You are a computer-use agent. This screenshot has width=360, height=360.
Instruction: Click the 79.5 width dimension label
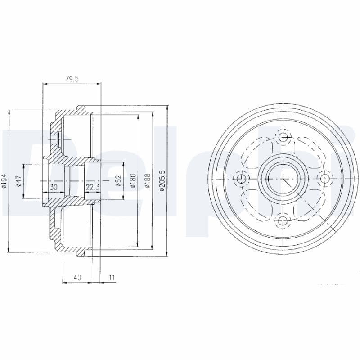72,79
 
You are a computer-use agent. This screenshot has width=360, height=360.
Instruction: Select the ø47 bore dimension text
18,181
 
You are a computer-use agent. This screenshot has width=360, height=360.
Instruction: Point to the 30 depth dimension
54,186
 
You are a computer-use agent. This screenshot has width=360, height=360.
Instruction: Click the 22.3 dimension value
92,186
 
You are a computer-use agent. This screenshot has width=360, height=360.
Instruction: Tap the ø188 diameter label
148,181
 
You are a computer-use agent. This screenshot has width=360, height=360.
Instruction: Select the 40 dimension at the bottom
77,278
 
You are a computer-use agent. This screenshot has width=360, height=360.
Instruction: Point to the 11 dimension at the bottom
112,278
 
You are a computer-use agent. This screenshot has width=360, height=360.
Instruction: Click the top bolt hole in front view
283,137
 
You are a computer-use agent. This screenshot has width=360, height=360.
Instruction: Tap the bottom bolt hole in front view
283,220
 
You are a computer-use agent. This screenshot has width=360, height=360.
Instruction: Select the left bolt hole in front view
242,179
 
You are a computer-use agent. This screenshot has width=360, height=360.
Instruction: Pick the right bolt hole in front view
325,179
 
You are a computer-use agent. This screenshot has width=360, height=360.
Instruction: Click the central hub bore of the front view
283,179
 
